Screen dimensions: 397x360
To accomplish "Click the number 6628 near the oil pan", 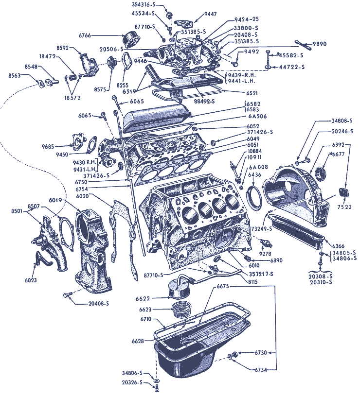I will (x=139, y=342).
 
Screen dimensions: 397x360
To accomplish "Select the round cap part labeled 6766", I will (x=130, y=37).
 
